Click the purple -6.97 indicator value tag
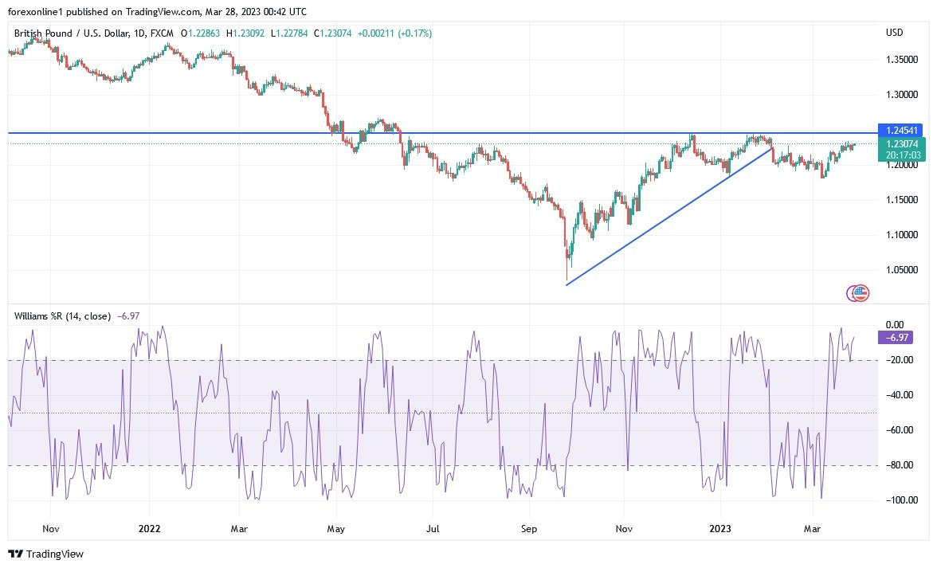[895, 338]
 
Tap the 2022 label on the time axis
[150, 528]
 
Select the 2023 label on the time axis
[720, 528]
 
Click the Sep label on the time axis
[531, 528]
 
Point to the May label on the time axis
[335, 528]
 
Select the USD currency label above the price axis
[895, 33]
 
